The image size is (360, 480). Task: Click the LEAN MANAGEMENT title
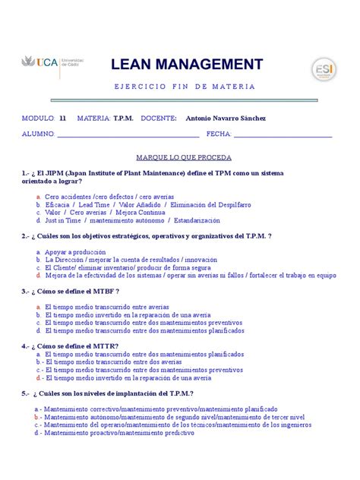[x=187, y=64]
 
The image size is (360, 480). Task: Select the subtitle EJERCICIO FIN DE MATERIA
[x=185, y=87]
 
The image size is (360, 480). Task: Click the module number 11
[x=62, y=118]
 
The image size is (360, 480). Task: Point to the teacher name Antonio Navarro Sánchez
[x=226, y=118]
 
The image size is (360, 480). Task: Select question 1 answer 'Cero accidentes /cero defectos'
[x=109, y=197]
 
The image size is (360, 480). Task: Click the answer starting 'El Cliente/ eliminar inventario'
[x=128, y=267]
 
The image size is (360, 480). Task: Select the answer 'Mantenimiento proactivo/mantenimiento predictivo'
[x=124, y=434]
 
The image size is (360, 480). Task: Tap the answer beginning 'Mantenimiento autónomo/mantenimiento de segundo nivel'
[x=174, y=417]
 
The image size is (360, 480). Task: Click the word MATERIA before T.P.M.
[x=93, y=118]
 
